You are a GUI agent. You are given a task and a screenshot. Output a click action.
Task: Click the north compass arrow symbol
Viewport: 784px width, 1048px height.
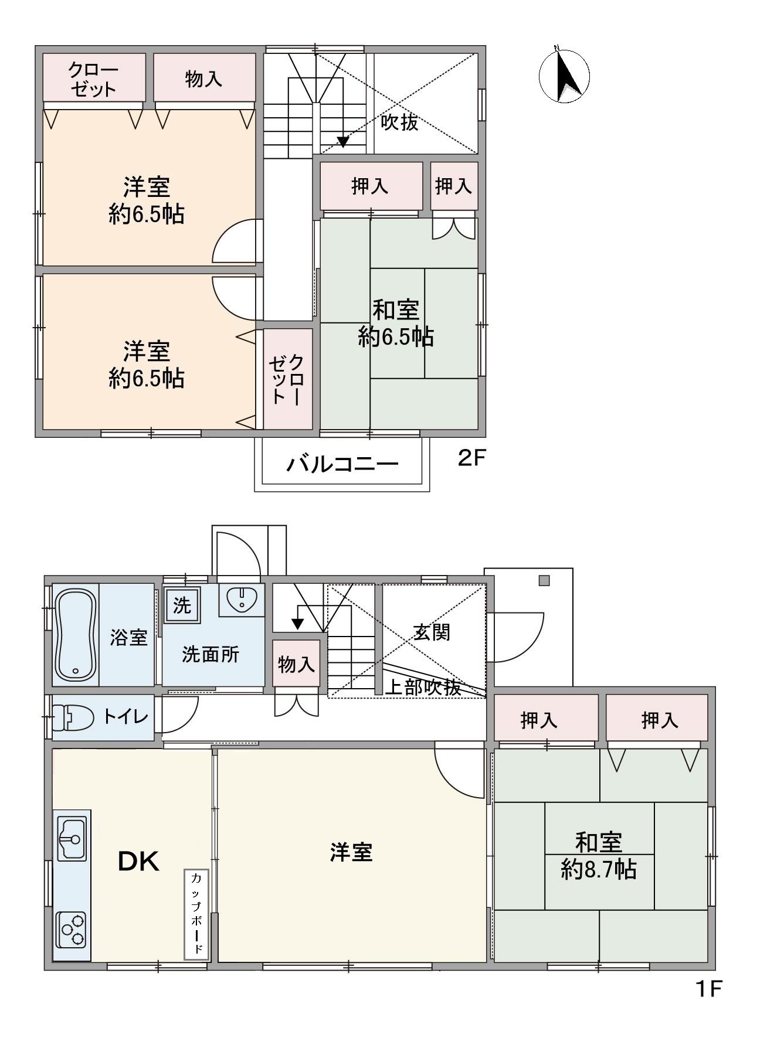coord(565,76)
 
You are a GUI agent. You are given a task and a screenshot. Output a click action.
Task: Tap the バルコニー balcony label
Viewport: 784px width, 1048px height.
coord(342,464)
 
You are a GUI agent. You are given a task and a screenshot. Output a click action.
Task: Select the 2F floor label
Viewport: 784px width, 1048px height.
coord(472,458)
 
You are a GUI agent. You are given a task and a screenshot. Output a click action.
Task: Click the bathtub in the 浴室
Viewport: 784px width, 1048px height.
coord(75,634)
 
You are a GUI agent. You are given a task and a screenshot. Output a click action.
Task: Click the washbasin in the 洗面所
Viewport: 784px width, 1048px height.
coord(242,599)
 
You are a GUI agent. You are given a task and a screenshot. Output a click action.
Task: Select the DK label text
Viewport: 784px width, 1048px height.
coord(139,861)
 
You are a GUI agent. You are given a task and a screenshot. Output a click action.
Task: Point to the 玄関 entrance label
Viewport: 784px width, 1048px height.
coord(432,632)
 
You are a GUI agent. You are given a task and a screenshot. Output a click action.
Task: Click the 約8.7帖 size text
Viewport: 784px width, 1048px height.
coord(599,869)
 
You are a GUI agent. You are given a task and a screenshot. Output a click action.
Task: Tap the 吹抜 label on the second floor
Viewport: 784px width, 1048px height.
coord(399,123)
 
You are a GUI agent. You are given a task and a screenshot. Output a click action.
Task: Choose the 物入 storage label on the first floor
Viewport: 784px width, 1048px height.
coord(296,664)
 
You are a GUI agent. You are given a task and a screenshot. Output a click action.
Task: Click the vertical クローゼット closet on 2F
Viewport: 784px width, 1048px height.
coord(287,378)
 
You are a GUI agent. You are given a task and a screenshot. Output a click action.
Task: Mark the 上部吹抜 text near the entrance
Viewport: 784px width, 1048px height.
coord(423,687)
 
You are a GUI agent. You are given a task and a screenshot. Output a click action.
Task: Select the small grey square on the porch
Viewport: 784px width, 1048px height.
coord(544,581)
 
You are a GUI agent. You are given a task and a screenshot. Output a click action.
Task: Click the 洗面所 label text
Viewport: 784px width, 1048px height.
coord(211,654)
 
